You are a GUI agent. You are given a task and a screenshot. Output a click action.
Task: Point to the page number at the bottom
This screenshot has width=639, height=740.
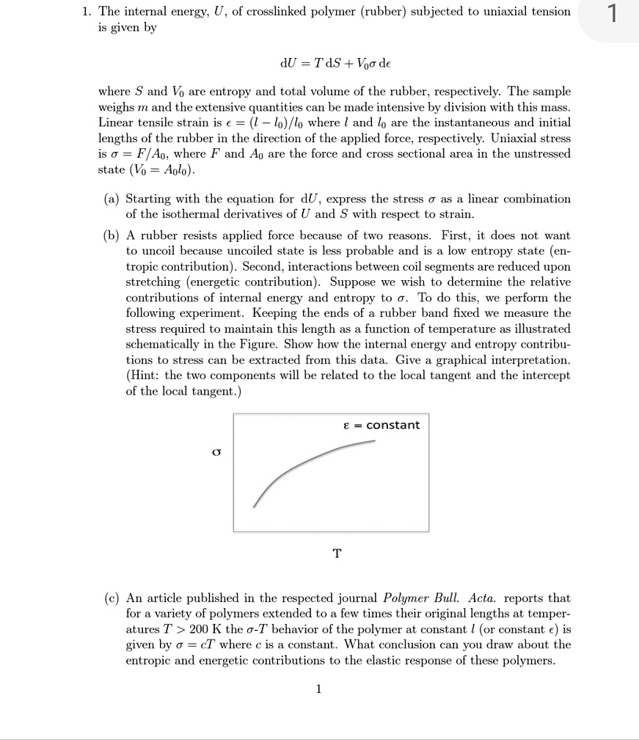[318, 689]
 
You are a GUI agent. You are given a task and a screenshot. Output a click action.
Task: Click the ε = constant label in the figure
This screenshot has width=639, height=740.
[381, 425]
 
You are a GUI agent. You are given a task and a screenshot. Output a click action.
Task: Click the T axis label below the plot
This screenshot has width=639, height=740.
[337, 553]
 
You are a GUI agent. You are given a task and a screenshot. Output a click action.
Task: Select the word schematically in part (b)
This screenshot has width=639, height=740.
[161, 344]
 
